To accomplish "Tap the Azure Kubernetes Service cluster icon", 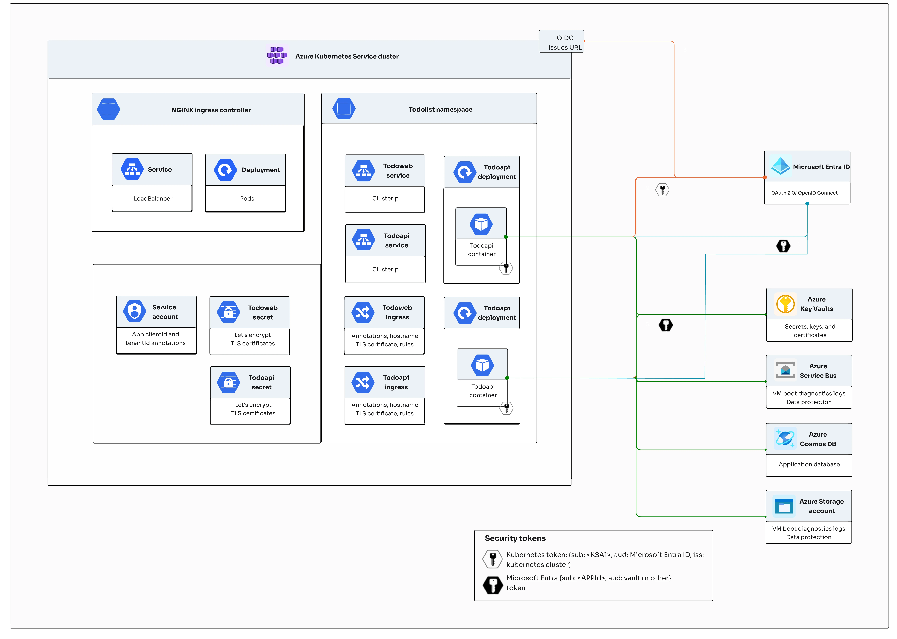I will [x=277, y=56].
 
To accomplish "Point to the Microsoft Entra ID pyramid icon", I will [x=780, y=166].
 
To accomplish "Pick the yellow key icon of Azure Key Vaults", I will [x=785, y=304].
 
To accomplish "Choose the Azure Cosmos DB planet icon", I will [x=785, y=438].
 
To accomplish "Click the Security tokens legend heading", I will [x=515, y=538].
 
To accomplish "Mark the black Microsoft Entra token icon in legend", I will [x=493, y=585].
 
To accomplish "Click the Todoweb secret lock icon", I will [x=228, y=312].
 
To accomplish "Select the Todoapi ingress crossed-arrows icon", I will [x=363, y=382].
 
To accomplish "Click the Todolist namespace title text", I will [x=440, y=109].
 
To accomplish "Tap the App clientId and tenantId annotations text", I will [x=156, y=339].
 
